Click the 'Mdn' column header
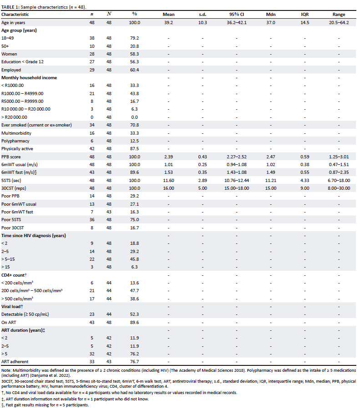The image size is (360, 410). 270,15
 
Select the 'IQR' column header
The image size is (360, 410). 305,15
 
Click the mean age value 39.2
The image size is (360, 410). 168,22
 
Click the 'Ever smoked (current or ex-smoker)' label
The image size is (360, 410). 32,125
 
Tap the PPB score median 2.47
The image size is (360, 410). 270,157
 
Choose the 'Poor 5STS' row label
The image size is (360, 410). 12,219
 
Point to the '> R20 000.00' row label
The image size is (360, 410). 15,117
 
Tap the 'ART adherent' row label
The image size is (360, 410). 14,361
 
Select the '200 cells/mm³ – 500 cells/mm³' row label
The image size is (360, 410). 32,290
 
